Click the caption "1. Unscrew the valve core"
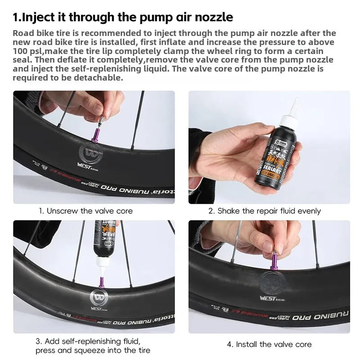(85, 211)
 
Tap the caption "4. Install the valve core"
(269, 344)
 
